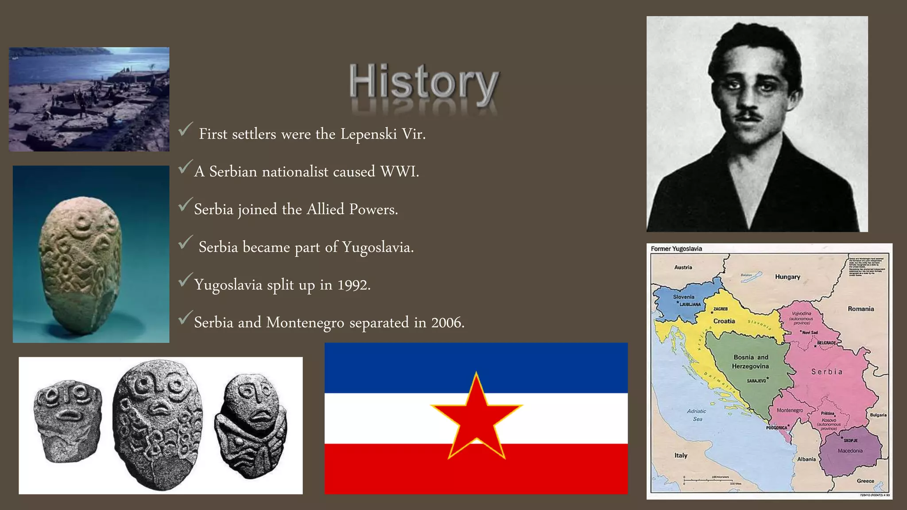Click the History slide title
click(x=424, y=82)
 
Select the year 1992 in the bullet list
click(x=353, y=285)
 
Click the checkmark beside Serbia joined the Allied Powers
click(x=186, y=205)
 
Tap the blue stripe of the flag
click(x=476, y=367)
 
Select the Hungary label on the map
click(x=787, y=277)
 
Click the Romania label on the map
click(x=860, y=309)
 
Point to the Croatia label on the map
click(x=724, y=321)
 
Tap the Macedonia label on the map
click(x=850, y=451)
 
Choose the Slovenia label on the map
click(x=684, y=297)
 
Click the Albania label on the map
click(x=806, y=459)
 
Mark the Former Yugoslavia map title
click(x=676, y=249)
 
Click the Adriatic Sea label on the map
click(x=697, y=415)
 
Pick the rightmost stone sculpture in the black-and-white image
click(x=251, y=425)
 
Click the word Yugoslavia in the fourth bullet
click(x=376, y=247)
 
